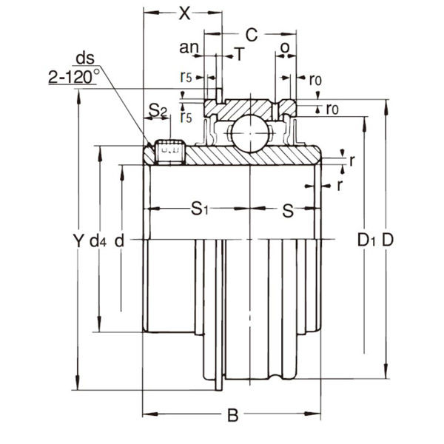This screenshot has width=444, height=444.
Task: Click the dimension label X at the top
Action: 184,13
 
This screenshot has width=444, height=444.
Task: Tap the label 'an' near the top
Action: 189,49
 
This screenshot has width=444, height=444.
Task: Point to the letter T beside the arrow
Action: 238,53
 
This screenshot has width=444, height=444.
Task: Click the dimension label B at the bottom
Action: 232,416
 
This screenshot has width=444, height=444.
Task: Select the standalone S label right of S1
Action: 288,209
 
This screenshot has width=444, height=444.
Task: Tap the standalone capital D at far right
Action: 386,240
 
